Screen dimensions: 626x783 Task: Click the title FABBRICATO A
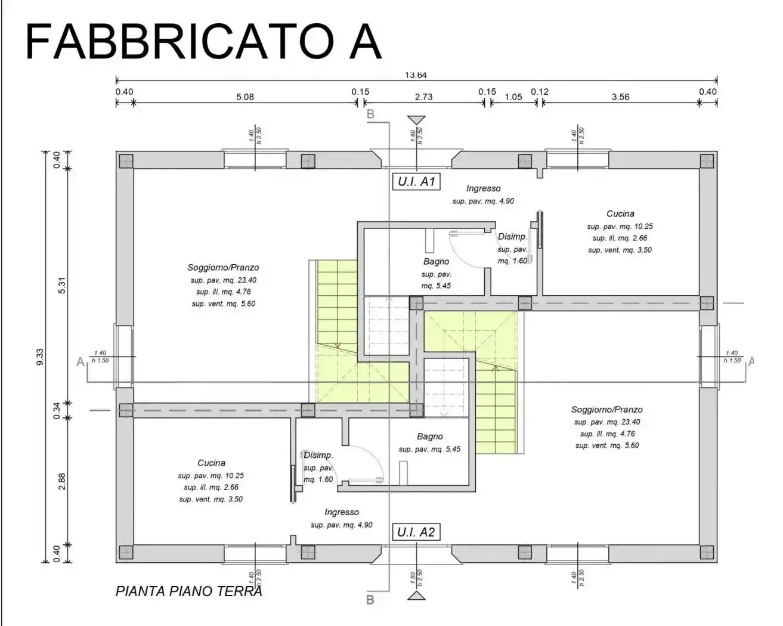tap(203, 42)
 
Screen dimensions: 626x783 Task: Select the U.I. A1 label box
tap(416, 182)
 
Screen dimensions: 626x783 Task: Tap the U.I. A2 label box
tap(416, 532)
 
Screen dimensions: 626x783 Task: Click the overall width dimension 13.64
tap(416, 75)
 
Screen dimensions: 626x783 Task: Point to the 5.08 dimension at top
tap(245, 97)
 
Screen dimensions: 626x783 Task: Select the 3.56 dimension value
tap(620, 97)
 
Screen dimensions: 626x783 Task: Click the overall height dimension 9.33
tap(40, 356)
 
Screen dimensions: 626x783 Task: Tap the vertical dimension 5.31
tap(61, 287)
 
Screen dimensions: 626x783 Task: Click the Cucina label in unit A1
tap(620, 213)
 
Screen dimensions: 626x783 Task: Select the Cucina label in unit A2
tap(211, 463)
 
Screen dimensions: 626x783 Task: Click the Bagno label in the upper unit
tap(436, 261)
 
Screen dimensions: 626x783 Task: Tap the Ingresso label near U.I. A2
tap(342, 512)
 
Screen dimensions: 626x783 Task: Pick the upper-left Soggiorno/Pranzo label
tap(223, 267)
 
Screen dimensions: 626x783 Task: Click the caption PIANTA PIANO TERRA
tap(188, 591)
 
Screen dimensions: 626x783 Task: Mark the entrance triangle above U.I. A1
tap(416, 120)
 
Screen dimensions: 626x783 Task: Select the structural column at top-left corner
tap(125, 160)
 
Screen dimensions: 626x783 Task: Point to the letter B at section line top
tap(370, 114)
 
